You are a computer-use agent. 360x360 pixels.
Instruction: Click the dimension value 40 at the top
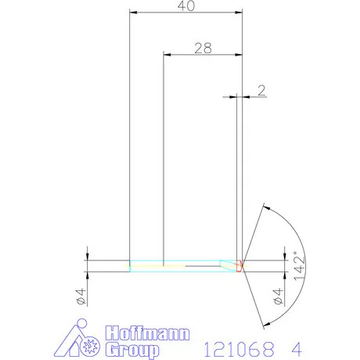pyautogui.click(x=185, y=7)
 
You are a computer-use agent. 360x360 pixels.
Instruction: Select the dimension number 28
pyautogui.click(x=203, y=48)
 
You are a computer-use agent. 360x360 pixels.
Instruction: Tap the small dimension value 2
pyautogui.click(x=262, y=89)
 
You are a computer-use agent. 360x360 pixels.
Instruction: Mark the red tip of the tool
pyautogui.click(x=240, y=266)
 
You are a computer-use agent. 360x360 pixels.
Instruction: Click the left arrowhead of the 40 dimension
pyautogui.click(x=134, y=13)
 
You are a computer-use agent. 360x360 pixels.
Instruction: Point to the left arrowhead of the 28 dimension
pyautogui.click(x=167, y=54)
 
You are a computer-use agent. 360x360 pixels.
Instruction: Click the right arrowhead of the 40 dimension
pyautogui.click(x=238, y=13)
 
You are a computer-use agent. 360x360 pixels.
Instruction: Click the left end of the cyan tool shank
pyautogui.click(x=131, y=266)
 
